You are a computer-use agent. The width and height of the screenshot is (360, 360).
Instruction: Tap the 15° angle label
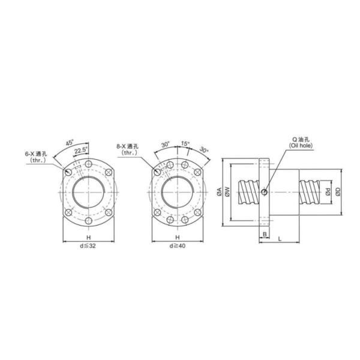point(185,144)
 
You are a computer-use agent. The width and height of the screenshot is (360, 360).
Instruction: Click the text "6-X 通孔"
point(41,154)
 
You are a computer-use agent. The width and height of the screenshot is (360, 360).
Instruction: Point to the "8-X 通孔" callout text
point(129,146)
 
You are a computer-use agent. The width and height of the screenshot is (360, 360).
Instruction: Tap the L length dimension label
point(280,239)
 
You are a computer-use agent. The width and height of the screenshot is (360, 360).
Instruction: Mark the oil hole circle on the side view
point(263,193)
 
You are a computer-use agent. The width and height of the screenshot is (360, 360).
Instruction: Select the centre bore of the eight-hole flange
point(178,193)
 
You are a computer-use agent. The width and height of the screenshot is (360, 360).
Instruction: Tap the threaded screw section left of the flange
point(247,192)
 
